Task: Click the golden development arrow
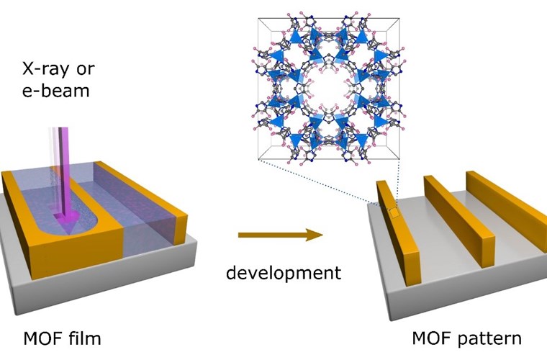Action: pos(278,235)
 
